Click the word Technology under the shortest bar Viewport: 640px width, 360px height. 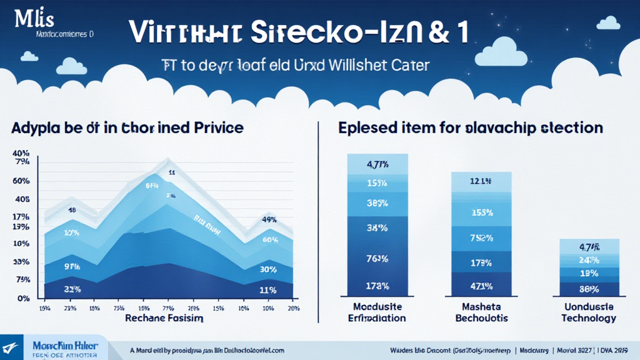tap(589, 318)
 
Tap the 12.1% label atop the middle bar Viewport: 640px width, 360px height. tap(481, 181)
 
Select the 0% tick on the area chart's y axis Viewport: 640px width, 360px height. tap(23, 299)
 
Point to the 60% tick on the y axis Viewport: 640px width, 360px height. tap(21, 181)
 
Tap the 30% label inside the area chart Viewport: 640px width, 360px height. tap(269, 269)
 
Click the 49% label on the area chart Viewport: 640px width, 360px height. tap(269, 220)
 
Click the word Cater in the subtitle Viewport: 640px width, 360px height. tap(410, 65)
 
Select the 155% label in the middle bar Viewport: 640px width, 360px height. tap(481, 212)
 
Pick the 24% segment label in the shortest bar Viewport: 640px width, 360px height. tap(589, 260)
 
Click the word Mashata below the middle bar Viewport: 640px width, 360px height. tap(481, 307)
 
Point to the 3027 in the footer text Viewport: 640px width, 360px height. tap(585, 351)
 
